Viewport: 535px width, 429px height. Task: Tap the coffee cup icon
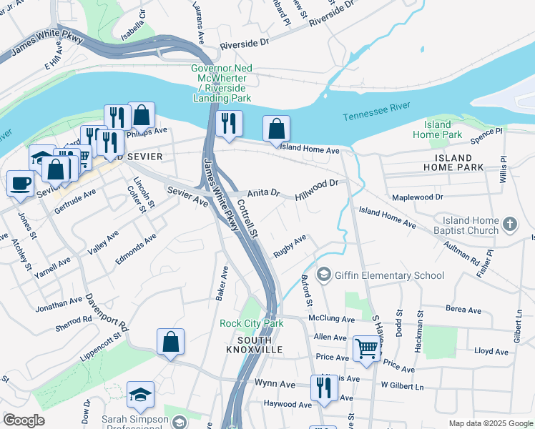(x=20, y=182)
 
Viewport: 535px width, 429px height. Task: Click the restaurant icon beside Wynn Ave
(x=323, y=388)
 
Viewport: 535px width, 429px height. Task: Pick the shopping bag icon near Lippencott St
(x=170, y=342)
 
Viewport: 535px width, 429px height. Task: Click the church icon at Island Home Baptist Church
(x=509, y=225)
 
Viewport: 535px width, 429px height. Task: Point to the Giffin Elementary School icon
(x=324, y=275)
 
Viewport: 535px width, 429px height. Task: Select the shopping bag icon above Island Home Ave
(x=277, y=129)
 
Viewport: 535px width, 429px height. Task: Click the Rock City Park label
(x=251, y=323)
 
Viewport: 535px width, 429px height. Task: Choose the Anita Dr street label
(x=263, y=194)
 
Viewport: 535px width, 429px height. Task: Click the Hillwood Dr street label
(x=317, y=189)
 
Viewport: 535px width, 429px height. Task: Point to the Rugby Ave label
(x=290, y=245)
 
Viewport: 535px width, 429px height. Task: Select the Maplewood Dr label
(x=418, y=197)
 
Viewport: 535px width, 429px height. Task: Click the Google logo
(x=24, y=420)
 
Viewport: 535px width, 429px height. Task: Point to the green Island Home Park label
(x=443, y=129)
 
